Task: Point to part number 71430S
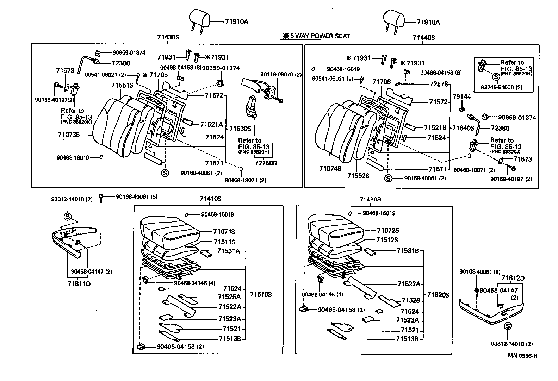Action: coord(168,37)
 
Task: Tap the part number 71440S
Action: coord(423,38)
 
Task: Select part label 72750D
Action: coord(266,163)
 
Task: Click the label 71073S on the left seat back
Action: coord(69,135)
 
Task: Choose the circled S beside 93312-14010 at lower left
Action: coord(68,216)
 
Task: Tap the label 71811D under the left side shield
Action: coord(79,283)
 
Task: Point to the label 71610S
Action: coord(261,294)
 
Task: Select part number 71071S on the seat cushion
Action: coord(224,232)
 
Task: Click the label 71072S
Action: coord(387,230)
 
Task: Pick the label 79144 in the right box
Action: coord(461,96)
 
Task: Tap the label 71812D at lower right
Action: coord(513,278)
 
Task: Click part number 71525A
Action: coord(229,297)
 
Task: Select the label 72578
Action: coord(439,84)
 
